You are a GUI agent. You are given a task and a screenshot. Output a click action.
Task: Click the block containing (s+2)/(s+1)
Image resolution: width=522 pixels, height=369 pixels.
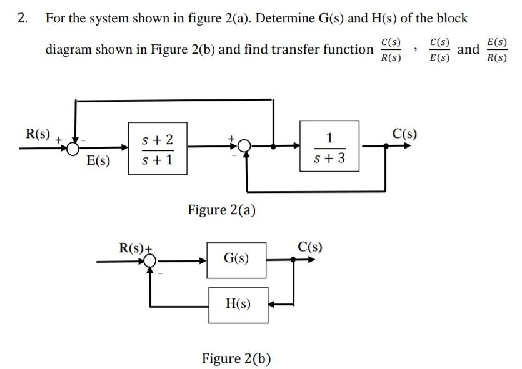point(158,150)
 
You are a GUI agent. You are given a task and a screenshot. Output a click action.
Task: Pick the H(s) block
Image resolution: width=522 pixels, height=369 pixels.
point(238,304)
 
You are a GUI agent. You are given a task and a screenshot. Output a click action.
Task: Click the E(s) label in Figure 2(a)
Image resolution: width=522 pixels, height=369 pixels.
point(99,160)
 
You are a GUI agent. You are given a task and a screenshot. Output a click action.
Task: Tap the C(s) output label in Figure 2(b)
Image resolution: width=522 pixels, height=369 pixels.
point(309,246)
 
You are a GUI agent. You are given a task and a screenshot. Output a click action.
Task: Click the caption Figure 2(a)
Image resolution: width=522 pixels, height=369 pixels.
point(221,209)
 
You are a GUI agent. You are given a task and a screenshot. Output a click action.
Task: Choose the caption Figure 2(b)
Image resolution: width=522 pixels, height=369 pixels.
point(236,358)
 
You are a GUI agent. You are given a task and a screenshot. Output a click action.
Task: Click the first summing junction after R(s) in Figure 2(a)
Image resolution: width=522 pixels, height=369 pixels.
point(74,148)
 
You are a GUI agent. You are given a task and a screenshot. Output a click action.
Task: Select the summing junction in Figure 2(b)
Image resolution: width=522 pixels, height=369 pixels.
point(149,262)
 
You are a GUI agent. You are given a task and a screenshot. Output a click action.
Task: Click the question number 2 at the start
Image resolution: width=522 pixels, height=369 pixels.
point(23,18)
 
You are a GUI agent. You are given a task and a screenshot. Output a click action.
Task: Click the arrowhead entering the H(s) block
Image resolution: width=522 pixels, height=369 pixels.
point(273,305)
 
